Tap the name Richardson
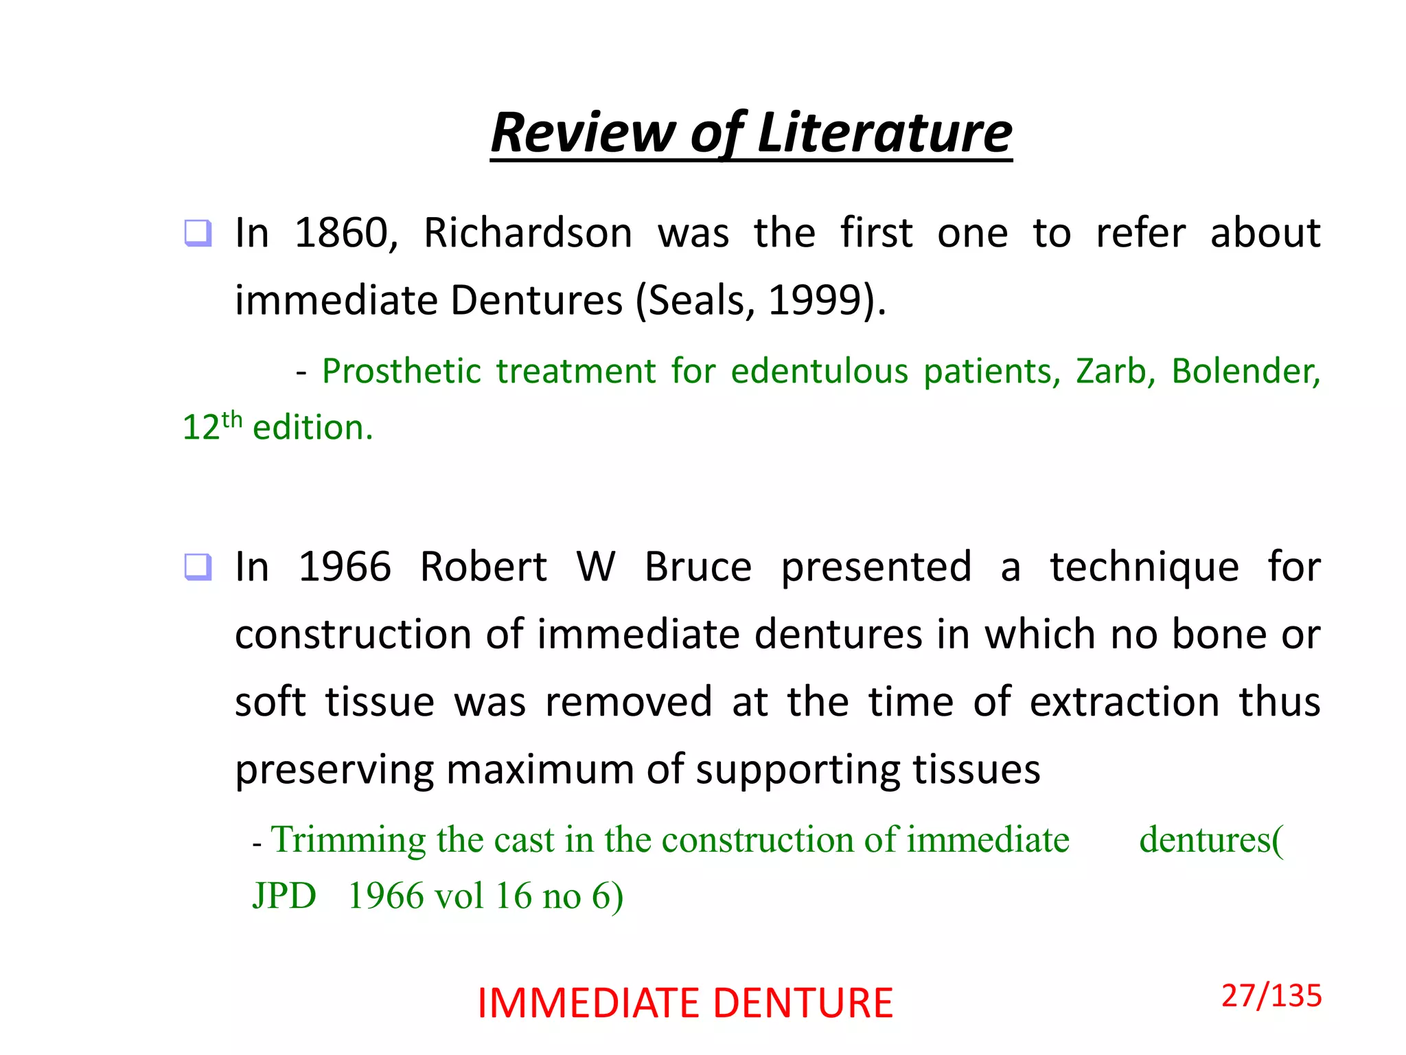coord(527,233)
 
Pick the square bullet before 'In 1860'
coord(198,233)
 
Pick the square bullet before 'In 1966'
coord(198,567)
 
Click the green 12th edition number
coord(211,427)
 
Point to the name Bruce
coord(698,567)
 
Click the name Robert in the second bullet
coord(483,567)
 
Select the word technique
coord(1144,567)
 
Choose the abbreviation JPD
coord(284,896)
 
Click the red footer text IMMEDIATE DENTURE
coord(685,1003)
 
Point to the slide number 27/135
coord(1271,996)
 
